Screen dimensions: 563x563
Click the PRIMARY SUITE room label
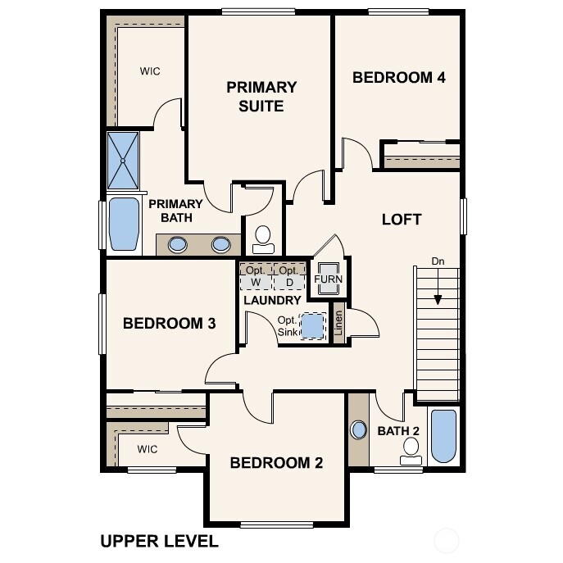[x=261, y=96]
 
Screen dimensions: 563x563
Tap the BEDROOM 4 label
[x=399, y=78]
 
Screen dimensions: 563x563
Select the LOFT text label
[x=402, y=220]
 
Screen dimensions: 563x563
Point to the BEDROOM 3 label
[x=169, y=324]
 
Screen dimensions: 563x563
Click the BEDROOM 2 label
[x=276, y=463]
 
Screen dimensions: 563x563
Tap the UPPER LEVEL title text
[x=159, y=541]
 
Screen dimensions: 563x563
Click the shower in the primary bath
[x=124, y=161]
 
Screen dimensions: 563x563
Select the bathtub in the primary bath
[x=125, y=223]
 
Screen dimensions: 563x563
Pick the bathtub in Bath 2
[x=443, y=436]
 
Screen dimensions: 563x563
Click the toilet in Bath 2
[x=411, y=449]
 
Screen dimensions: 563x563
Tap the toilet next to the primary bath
[x=264, y=238]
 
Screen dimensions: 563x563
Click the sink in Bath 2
[x=358, y=429]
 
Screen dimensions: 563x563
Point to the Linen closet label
[x=338, y=324]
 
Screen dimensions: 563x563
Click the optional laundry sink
[x=313, y=326]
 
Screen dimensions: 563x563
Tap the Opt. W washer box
[x=255, y=277]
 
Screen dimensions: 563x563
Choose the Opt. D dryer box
[x=288, y=277]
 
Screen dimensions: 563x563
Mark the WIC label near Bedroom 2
[x=148, y=449]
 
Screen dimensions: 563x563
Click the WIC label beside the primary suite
[x=150, y=71]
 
